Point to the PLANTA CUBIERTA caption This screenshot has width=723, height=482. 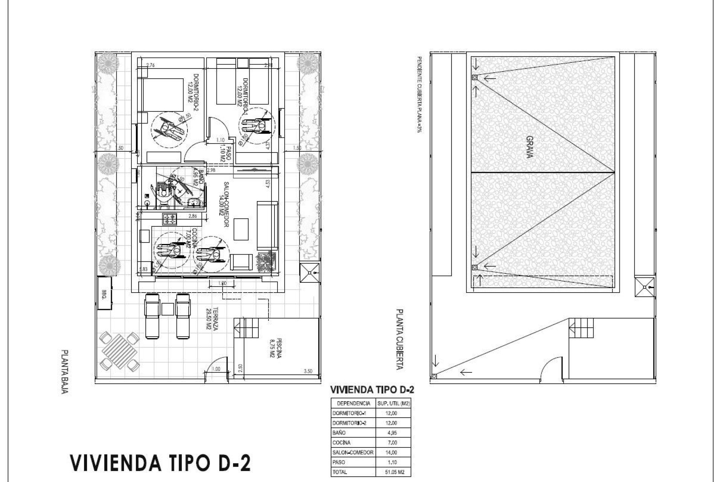pyautogui.click(x=399, y=339)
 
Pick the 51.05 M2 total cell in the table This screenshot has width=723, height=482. pyautogui.click(x=394, y=471)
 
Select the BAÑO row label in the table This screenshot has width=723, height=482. pyautogui.click(x=339, y=433)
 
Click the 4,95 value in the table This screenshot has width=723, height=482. pyautogui.click(x=392, y=433)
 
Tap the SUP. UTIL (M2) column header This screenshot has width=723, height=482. pyautogui.click(x=394, y=403)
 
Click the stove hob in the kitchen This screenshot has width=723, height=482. pyautogui.click(x=169, y=219)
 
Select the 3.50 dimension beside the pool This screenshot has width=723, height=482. pyautogui.click(x=308, y=371)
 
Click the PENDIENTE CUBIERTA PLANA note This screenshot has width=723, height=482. pyautogui.click(x=419, y=96)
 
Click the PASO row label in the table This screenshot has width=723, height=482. pyautogui.click(x=339, y=462)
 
